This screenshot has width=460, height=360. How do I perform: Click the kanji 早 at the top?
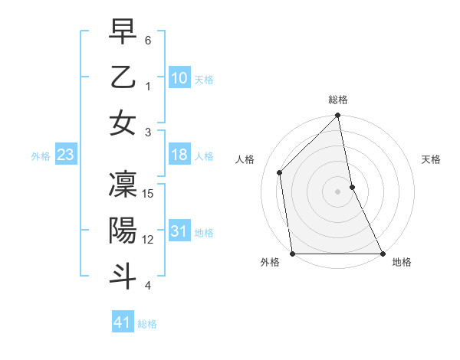[x=123, y=32]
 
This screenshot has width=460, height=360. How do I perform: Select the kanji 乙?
[x=123, y=78]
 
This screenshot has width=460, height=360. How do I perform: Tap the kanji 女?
[x=123, y=123]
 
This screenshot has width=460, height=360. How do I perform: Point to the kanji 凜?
[x=123, y=185]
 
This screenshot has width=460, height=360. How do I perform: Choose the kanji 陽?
[x=123, y=231]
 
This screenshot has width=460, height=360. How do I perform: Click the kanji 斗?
[x=123, y=277]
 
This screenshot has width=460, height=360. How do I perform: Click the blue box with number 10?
[x=179, y=78]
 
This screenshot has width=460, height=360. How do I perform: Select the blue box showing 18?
[x=179, y=155]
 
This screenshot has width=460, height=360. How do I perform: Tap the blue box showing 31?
[x=179, y=231]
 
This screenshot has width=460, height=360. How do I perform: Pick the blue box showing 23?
[x=65, y=155]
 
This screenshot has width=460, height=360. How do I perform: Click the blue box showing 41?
[x=123, y=322]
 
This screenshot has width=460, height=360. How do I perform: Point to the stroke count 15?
[x=149, y=194]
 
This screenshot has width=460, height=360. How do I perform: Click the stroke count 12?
[x=149, y=240]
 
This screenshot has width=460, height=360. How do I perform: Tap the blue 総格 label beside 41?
[x=147, y=323]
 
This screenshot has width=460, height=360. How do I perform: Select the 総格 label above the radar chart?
[x=338, y=100]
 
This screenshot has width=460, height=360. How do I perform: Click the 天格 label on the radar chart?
[x=431, y=159]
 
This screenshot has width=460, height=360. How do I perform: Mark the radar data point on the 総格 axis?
[x=338, y=116]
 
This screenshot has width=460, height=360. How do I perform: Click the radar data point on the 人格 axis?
[x=280, y=172]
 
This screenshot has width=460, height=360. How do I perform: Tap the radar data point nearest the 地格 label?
[x=382, y=254]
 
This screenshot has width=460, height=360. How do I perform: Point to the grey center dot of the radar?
[x=338, y=191]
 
